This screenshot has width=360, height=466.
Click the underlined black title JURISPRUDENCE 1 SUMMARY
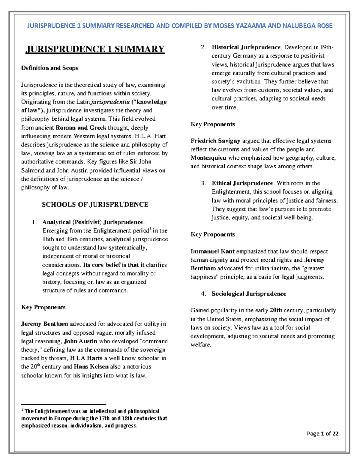coord(95,49)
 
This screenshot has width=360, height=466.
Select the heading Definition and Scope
coord(50,68)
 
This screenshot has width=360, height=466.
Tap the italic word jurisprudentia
coord(110,102)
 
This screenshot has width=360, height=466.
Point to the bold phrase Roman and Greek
coord(81,128)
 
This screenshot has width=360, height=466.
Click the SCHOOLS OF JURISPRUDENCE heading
coord(95,205)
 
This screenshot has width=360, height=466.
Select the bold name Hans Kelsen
coord(91,367)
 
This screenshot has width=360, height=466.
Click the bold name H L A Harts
coord(86,358)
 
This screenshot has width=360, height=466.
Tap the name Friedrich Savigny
coord(215,141)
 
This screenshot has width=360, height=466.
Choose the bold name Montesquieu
coord(208,158)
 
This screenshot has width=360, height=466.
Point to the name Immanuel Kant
coord(212,251)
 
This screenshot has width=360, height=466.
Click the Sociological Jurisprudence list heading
coord(249,294)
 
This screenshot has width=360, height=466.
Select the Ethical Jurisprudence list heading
coord(242,183)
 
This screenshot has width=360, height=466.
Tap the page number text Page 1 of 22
coord(322,434)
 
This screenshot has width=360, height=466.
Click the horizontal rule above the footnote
coord(64,404)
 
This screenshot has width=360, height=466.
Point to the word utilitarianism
coord(268,269)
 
